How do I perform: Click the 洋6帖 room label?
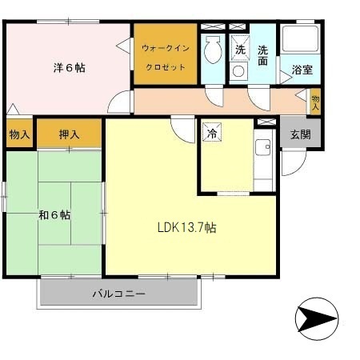pos(70,68)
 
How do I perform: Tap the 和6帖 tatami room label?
pos(54,214)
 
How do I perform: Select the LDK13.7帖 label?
pos(187,228)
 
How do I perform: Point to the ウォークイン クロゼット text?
pos(166,58)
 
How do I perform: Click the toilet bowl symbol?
pos(213,50)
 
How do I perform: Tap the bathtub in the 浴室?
pos(301,39)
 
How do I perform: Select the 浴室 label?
pos(302,70)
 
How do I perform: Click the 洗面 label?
pos(262,55)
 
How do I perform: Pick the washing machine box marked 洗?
pos(240,48)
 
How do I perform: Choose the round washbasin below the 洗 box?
pos(238,71)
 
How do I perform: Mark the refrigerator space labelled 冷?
pos(212,132)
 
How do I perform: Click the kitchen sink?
pos(263,147)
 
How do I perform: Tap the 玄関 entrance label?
pos(301,134)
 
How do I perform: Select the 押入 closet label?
pos(70,134)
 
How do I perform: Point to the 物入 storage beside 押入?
pos(19,134)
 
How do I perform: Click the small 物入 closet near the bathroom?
pos(315,102)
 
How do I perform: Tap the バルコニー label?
pos(119,294)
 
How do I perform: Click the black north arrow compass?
pos(317,319)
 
